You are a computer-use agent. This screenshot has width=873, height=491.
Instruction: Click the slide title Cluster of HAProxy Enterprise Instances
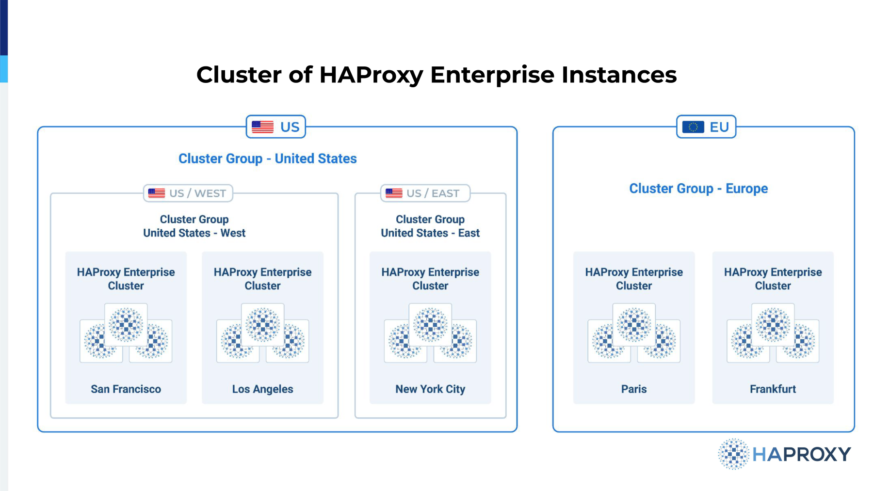coord(436,75)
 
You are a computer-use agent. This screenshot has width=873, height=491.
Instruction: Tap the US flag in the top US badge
coord(263,127)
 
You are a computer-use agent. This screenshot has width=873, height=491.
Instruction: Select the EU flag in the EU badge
coord(693,127)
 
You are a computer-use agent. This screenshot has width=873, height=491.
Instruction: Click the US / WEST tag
coord(188,193)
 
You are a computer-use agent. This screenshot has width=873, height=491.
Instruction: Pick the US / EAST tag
coord(425,193)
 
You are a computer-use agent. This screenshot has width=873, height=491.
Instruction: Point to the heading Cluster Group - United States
coord(268,158)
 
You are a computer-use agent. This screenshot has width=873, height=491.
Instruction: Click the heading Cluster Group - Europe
coord(698,189)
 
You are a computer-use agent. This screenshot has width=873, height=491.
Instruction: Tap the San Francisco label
coord(126,389)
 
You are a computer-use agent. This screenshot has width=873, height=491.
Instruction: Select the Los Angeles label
coord(263,389)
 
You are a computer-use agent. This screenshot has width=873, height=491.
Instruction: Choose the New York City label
coord(430,389)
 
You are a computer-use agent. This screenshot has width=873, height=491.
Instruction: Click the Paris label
coord(634,389)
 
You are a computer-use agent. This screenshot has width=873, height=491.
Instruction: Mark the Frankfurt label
coord(773,389)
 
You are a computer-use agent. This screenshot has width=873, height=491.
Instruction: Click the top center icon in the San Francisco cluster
coord(126,325)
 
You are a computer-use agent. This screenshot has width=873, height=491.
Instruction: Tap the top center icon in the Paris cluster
coord(634,325)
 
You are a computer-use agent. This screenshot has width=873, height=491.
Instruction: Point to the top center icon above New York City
coord(430,325)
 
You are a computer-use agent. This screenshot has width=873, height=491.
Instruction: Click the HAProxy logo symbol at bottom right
coord(734,454)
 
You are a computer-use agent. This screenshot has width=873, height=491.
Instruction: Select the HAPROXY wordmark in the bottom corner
coord(802,455)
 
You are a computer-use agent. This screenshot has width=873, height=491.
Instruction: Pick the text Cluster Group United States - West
coord(194,226)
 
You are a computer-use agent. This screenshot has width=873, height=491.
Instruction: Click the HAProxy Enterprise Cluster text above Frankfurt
coord(773,279)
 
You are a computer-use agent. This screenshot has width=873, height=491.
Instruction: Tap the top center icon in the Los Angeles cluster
coord(263,325)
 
